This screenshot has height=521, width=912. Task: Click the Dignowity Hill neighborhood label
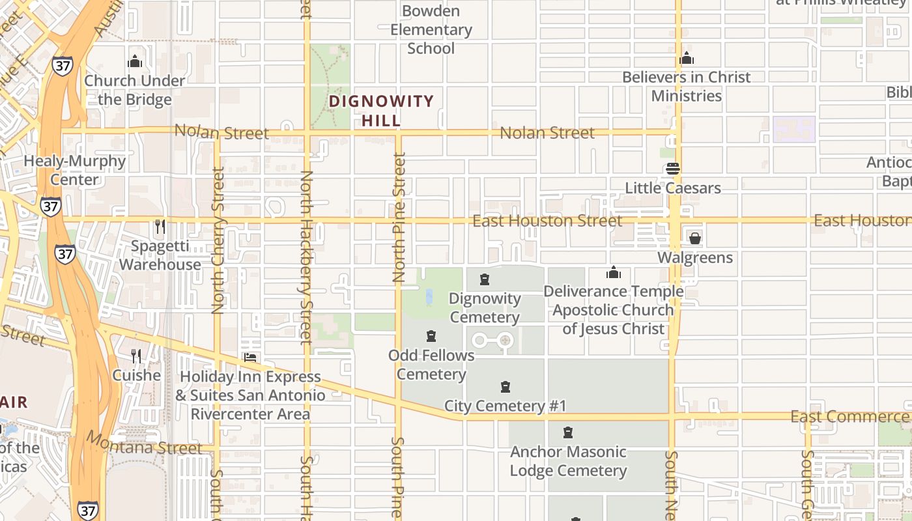click(381, 111)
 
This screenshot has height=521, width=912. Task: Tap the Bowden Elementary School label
click(431, 30)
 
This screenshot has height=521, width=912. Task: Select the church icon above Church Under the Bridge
click(135, 62)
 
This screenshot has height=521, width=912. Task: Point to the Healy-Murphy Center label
click(75, 170)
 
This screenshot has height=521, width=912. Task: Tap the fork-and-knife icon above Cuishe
click(136, 356)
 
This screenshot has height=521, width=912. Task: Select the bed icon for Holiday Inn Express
click(249, 358)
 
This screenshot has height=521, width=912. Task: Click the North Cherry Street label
click(218, 240)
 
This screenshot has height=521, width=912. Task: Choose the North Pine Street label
click(399, 217)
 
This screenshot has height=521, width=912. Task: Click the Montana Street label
click(145, 444)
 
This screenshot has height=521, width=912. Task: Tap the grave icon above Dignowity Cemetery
click(485, 280)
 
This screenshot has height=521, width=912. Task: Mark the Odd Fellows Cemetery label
click(431, 365)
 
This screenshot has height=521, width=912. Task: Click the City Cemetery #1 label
click(505, 406)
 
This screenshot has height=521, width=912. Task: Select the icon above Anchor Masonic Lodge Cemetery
click(568, 432)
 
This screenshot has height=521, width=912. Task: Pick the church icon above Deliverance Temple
click(613, 272)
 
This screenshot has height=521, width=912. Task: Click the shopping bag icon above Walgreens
click(695, 238)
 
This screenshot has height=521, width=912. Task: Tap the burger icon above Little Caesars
click(673, 169)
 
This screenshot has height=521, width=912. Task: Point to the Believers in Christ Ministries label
click(687, 86)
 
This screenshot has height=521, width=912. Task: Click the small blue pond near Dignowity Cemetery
click(429, 298)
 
